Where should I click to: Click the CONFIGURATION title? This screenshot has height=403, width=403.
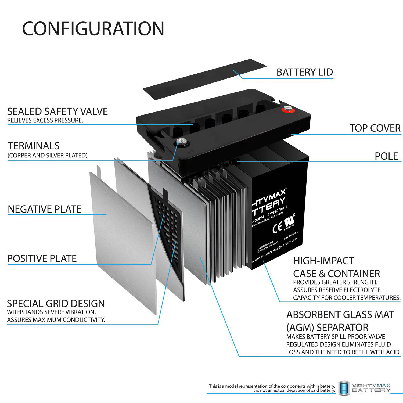pos(93,29)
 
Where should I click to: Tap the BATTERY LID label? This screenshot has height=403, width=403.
pos(305,72)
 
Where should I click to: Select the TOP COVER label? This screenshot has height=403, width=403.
pos(375,128)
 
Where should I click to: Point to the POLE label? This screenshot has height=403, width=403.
pos(386,156)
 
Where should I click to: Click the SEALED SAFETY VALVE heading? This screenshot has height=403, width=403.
pos(57,111)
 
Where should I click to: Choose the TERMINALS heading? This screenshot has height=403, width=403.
pos(34,146)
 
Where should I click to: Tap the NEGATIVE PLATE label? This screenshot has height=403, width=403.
pos(45,209)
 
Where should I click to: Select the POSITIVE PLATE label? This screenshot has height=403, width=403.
pos(42,258)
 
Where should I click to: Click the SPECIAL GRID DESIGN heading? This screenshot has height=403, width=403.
pos(56,304)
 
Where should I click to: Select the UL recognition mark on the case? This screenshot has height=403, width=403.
pos(289,221)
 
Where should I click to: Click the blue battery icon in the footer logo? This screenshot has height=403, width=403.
pos(344,388)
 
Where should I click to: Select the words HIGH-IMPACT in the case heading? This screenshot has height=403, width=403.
pos(323,261)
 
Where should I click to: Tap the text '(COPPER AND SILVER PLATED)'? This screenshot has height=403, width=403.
pos(48,155)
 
